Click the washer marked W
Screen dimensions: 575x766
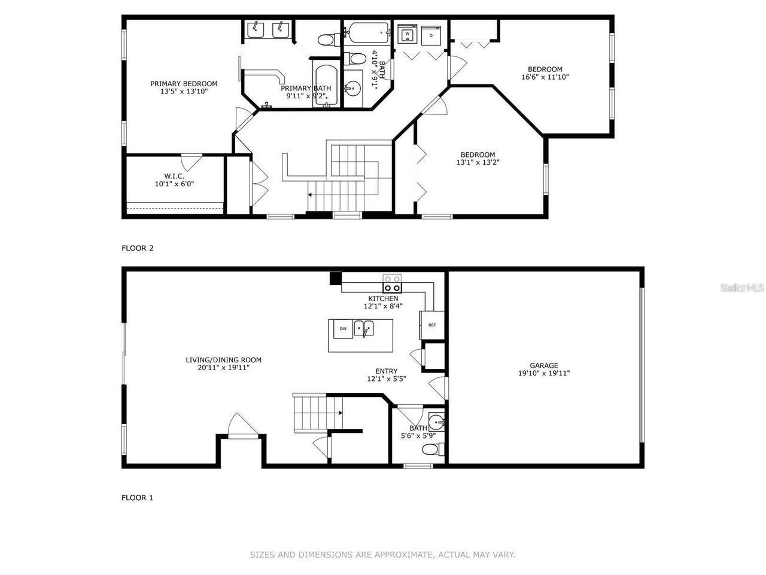click(x=408, y=35)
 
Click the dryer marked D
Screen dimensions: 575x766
click(x=430, y=35)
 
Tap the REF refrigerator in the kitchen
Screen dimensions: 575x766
click(x=432, y=325)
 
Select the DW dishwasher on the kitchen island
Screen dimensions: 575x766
click(x=343, y=328)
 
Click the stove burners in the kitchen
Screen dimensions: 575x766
click(x=393, y=283)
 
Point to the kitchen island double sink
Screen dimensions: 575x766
click(x=363, y=328)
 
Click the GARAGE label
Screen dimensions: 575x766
click(x=543, y=365)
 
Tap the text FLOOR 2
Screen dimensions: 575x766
click(x=138, y=248)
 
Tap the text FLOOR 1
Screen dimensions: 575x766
click(x=138, y=497)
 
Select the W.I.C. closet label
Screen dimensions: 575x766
click(x=174, y=176)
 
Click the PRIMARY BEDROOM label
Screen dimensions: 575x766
click(x=184, y=84)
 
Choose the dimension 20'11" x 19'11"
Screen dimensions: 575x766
click(x=223, y=368)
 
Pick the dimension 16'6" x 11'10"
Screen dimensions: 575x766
click(x=545, y=77)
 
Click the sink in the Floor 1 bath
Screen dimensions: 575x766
click(x=438, y=422)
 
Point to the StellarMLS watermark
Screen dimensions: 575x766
click(x=743, y=288)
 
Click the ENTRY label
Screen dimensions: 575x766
click(x=386, y=371)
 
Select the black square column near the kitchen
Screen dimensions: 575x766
click(x=335, y=278)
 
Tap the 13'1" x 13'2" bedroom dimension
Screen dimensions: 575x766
click(x=478, y=162)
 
